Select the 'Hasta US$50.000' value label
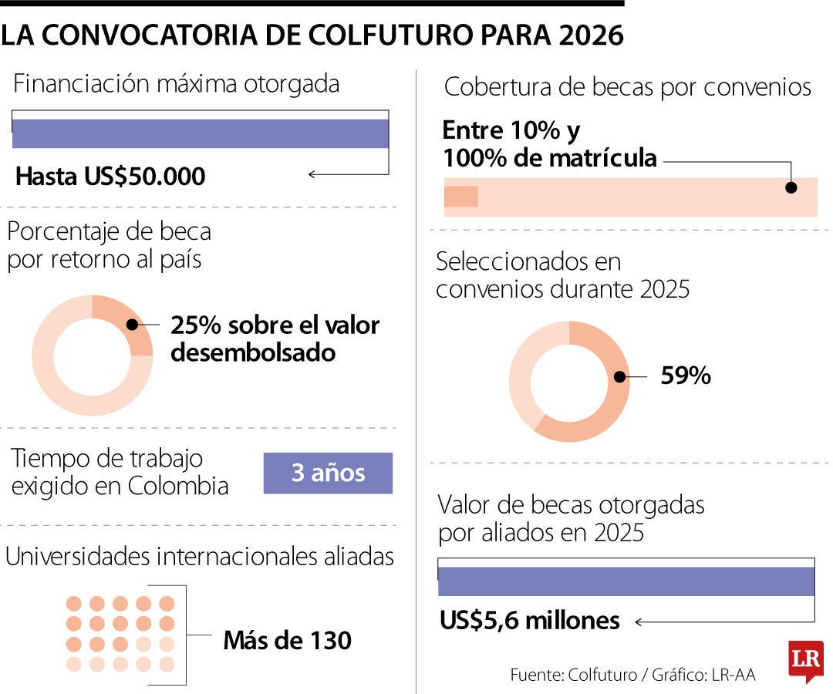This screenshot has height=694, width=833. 110,177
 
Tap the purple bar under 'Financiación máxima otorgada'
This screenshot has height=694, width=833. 201,133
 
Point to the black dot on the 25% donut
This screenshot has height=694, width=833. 132,325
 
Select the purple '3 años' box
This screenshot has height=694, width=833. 328,473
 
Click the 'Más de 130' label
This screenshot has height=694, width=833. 287,639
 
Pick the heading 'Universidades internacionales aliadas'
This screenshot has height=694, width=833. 200,557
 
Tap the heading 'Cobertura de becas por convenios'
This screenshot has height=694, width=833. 628,87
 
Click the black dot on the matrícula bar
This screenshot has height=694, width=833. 791,187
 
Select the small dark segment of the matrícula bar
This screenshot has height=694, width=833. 461,197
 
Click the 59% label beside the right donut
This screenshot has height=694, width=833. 686,376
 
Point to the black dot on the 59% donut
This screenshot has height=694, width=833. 619,377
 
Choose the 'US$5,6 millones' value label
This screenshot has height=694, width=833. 530,620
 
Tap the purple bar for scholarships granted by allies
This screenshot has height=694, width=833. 626,581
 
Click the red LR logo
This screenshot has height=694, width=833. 806,659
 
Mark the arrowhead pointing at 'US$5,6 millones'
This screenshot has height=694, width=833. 639,621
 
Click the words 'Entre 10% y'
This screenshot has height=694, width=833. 511,131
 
